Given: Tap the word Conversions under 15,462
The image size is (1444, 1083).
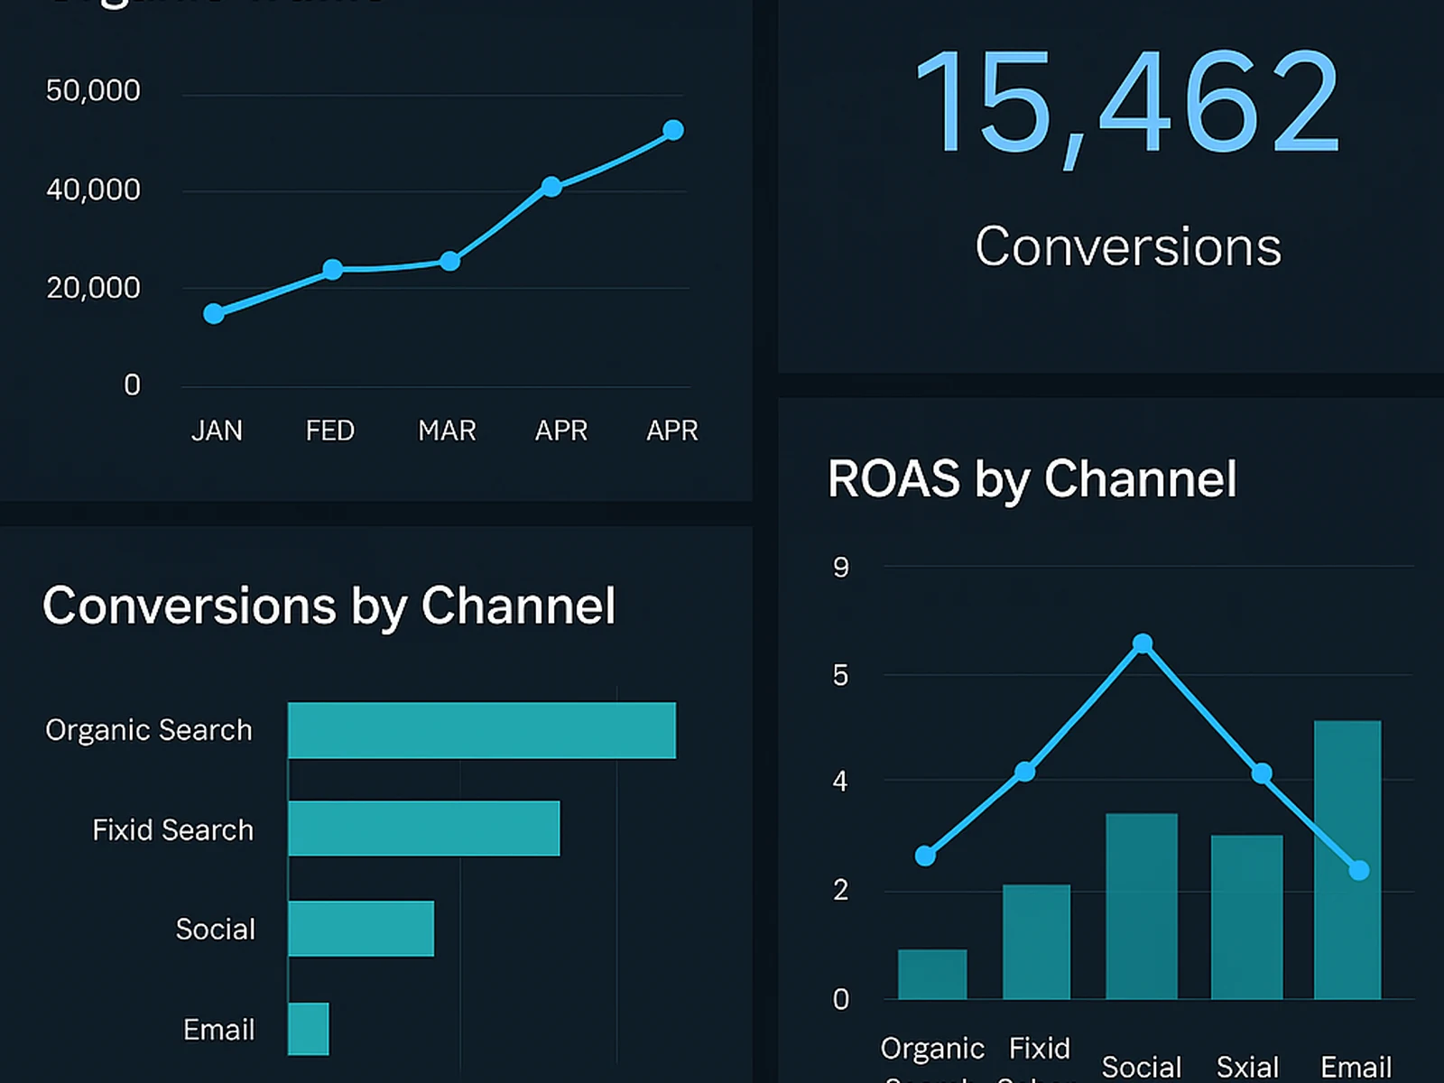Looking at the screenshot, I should click(1128, 246).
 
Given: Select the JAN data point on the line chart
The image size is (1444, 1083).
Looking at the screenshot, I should click(214, 313).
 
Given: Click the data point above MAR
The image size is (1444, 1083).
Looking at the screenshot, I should click(449, 262).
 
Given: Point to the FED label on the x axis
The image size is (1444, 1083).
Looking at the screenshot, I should click(329, 430).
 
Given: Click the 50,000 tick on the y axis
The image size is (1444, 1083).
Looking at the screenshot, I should click(93, 90).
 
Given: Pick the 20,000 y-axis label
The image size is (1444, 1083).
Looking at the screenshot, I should click(93, 288).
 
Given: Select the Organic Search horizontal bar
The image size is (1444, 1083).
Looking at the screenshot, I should click(481, 730).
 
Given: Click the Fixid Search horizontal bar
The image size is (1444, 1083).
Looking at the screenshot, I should click(423, 828).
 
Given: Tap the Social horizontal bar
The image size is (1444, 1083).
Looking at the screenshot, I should click(361, 929).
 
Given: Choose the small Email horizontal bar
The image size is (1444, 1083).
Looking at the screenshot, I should click(308, 1029).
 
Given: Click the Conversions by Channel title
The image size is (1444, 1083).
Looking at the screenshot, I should click(329, 606).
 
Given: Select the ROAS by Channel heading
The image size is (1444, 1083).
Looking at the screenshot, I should click(1032, 478).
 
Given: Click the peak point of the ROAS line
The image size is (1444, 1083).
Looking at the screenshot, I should click(1143, 643).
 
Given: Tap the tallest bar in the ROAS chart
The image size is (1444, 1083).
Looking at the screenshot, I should click(1347, 859).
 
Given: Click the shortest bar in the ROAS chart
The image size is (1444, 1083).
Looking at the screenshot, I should click(931, 974).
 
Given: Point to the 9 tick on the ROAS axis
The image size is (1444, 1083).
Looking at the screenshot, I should click(840, 568).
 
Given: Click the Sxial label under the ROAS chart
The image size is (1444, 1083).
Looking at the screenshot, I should click(1247, 1067).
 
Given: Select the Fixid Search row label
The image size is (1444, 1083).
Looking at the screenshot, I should click(172, 830).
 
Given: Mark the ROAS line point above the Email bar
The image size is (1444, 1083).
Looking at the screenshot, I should click(1359, 870).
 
